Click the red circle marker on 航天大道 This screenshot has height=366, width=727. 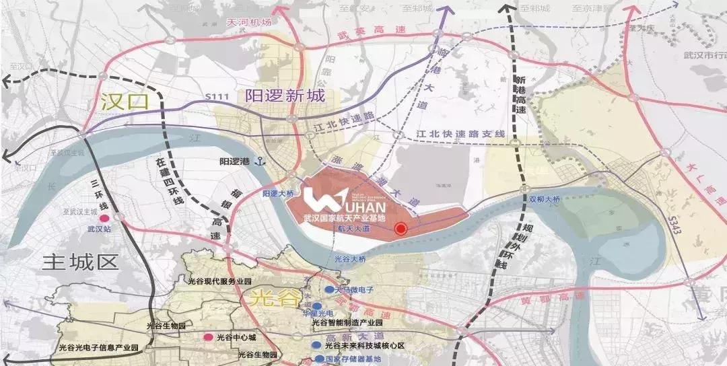(401, 229)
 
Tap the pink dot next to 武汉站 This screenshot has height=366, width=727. (104, 219)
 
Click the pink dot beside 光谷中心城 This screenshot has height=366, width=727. (209, 337)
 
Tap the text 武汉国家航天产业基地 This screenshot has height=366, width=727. (345, 218)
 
